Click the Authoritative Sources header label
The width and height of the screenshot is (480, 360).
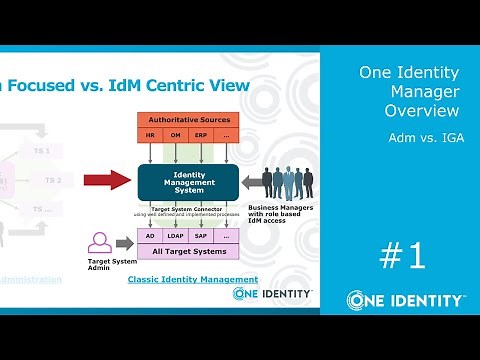tap(188, 120)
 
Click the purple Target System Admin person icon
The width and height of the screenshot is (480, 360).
tap(99, 242)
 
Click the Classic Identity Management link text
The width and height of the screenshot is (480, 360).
tap(193, 279)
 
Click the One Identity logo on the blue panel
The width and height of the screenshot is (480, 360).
tap(405, 300)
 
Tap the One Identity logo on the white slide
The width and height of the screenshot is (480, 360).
tap(272, 293)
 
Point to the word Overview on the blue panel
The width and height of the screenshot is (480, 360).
tap(420, 110)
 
